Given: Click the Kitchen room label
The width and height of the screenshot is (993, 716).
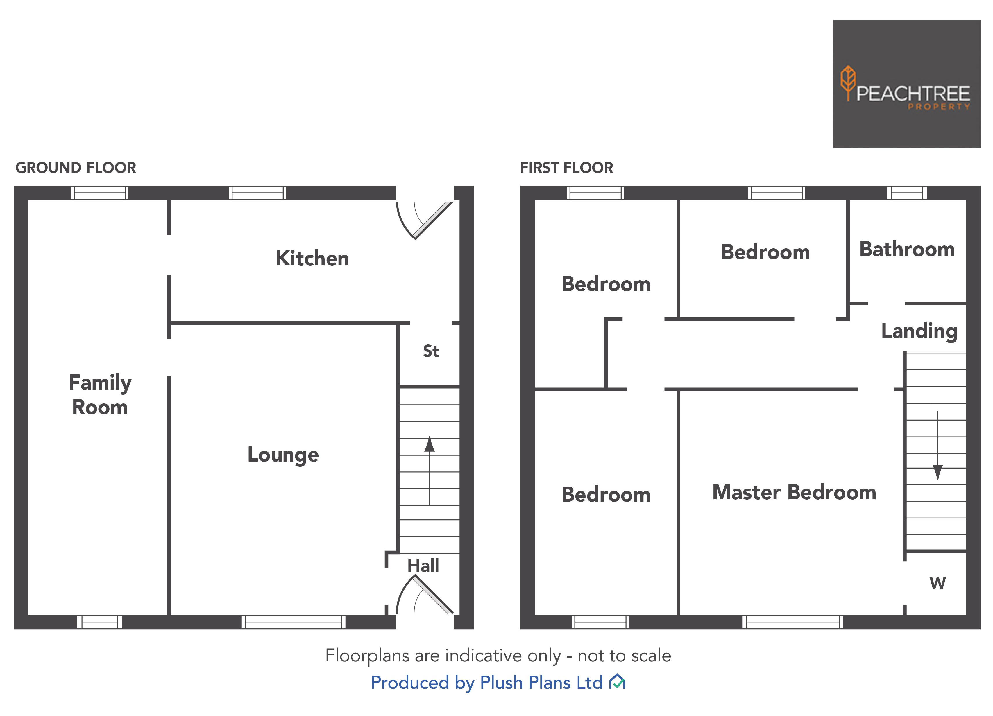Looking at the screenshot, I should point(312,258).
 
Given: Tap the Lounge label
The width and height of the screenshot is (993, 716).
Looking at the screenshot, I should point(283,455).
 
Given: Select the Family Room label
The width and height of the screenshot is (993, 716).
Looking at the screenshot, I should point(100,394).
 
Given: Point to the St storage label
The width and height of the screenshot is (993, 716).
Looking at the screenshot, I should point(430,351).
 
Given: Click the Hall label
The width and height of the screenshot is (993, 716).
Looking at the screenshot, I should point(423,566).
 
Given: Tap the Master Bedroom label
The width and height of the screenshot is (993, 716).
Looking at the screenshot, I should point(794,492).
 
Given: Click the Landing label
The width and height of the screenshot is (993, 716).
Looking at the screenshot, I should point(919,331).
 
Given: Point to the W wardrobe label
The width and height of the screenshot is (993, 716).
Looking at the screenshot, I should point(937,583).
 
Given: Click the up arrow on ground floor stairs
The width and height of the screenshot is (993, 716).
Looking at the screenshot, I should point(430,444).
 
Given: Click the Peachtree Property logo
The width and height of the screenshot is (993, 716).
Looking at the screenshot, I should point(906,84).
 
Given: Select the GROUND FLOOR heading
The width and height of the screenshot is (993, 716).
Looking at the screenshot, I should point(76,168).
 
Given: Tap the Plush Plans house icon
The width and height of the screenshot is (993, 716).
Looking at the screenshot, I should point(617,681).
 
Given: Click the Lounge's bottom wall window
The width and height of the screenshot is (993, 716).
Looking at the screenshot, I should point(293,622).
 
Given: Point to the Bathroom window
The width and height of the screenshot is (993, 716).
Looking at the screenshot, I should point(907,193).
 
